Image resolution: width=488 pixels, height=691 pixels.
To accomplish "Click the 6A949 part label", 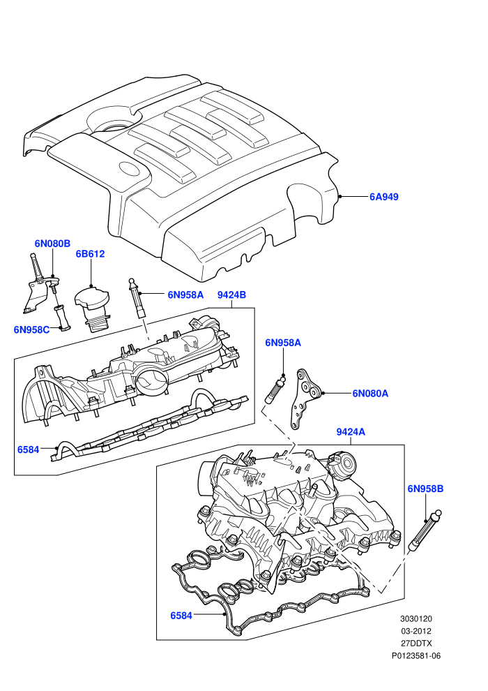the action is coord(383,197).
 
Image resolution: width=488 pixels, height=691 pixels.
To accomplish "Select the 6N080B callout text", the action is coord(52,244).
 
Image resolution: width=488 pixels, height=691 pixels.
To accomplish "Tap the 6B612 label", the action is coord(90,254).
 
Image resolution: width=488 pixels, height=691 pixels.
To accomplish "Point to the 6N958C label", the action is coord(31,329).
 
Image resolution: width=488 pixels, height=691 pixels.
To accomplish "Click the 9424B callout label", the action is coord(231,295).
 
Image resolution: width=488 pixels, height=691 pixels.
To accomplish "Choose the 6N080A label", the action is coord(370,393).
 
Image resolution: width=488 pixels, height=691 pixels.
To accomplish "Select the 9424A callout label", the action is coord(351,432).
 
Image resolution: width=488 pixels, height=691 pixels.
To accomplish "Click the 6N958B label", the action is coord(425,489).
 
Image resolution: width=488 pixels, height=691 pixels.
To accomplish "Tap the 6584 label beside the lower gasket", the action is coord(181,615).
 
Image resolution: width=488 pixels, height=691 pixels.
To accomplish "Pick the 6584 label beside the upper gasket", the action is coord(28,449).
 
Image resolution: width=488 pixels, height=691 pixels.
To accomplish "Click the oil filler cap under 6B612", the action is coord(92,309).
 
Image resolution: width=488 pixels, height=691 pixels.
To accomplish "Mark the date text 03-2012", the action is coord(415,631).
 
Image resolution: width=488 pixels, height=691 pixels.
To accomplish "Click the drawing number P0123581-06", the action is coord(416,655).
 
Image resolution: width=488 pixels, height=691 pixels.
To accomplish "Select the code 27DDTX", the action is coord(416,644).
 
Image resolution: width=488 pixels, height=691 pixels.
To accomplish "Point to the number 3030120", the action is coord(415,619).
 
